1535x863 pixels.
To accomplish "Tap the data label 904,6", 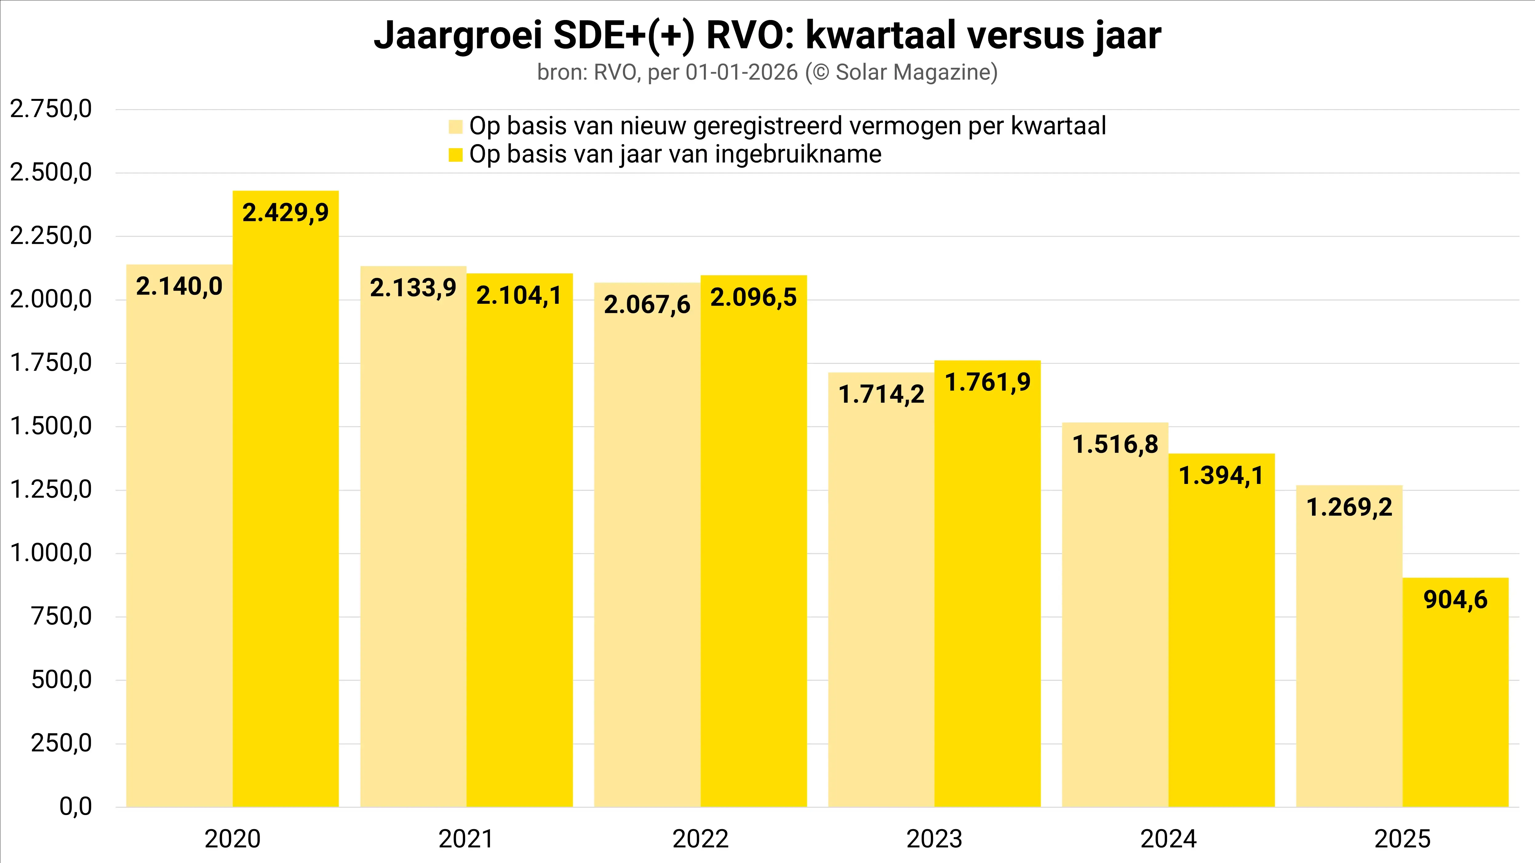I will (1455, 599).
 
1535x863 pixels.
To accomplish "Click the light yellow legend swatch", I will (455, 127).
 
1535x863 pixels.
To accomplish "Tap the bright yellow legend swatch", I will (455, 155).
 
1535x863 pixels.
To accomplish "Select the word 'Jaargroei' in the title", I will (458, 36).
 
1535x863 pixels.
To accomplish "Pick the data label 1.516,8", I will (1115, 444).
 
